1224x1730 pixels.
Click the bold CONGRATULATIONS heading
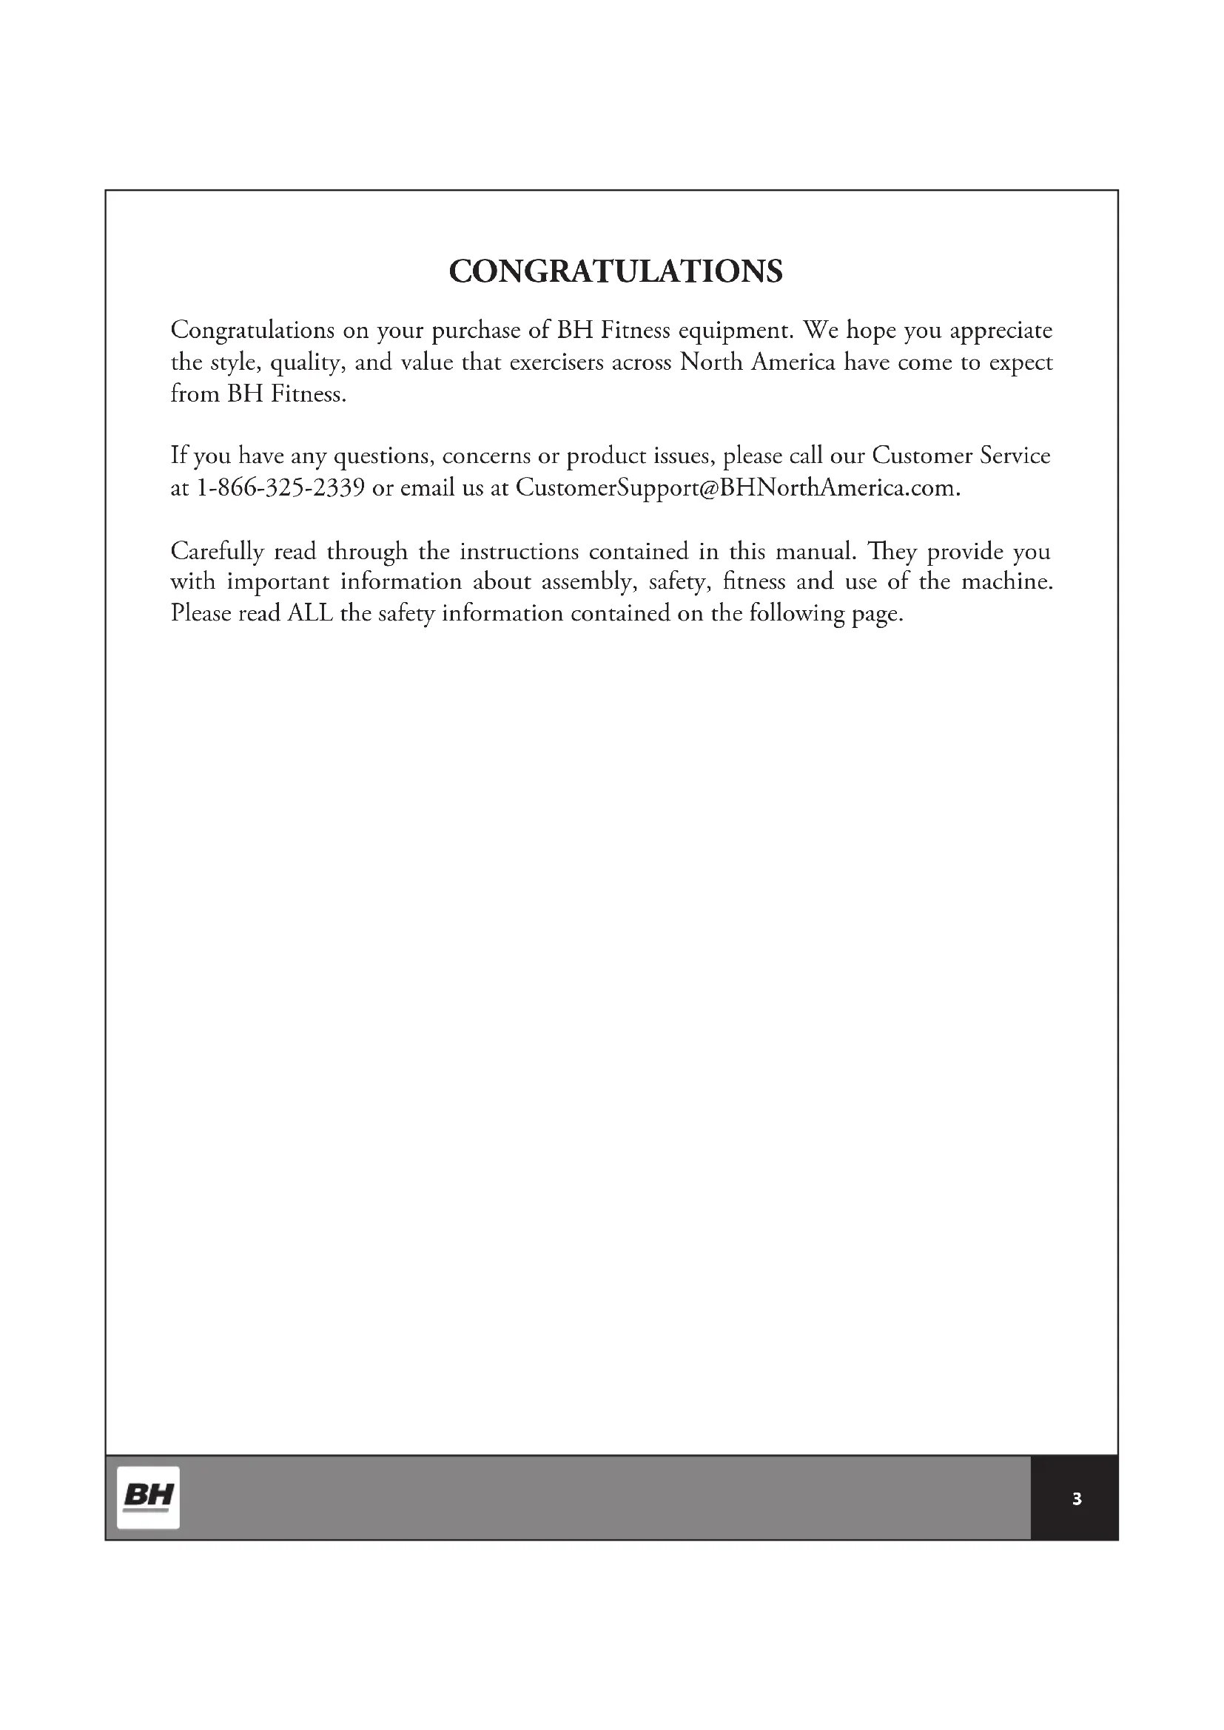coord(616,271)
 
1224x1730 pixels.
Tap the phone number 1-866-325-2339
coord(281,487)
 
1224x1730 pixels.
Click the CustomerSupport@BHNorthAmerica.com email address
coord(737,487)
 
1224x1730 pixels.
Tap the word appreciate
coord(1001,331)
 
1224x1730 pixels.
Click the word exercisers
coord(556,362)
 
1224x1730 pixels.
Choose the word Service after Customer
coord(1015,455)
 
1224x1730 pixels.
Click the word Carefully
coord(217,552)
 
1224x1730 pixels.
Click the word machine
coord(1007,581)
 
